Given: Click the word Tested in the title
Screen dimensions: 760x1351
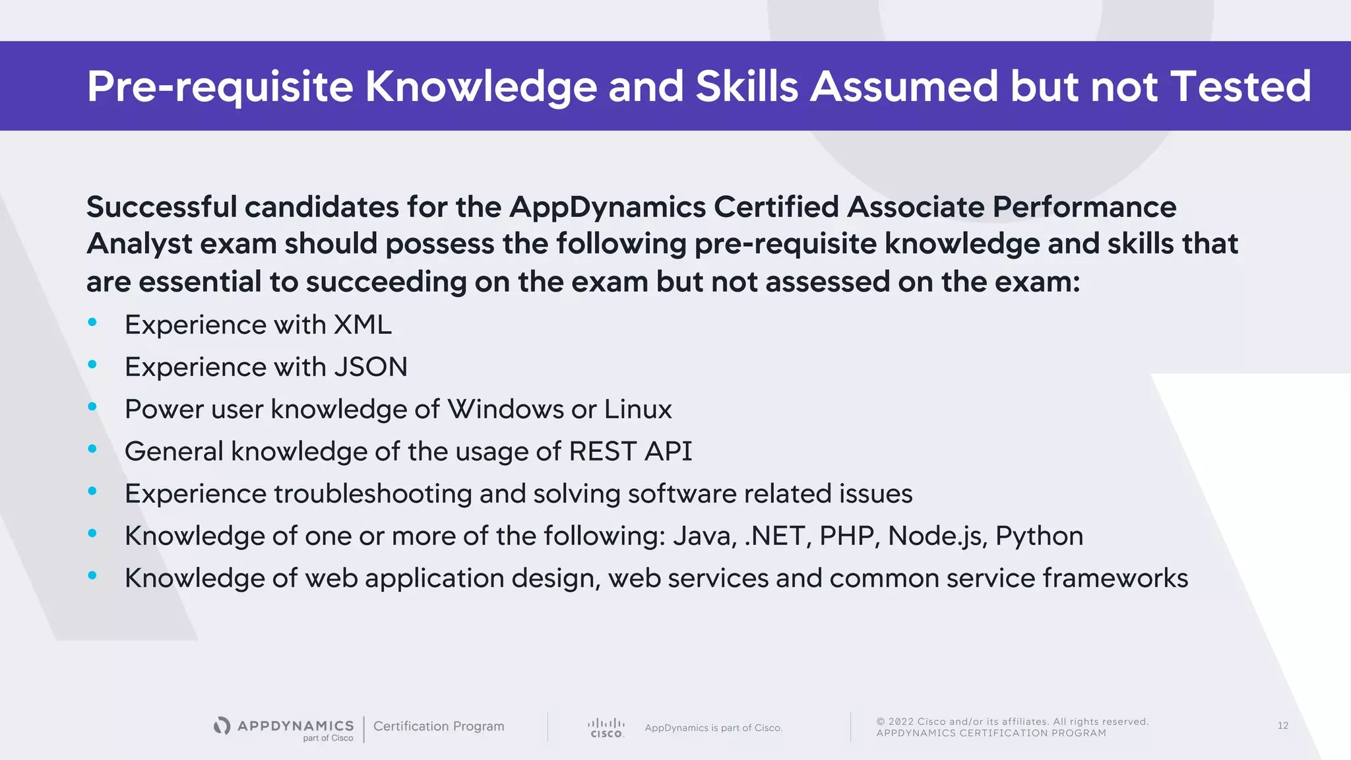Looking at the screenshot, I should pyautogui.click(x=1240, y=86).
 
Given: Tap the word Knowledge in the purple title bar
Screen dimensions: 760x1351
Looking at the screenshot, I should pyautogui.click(x=481, y=86).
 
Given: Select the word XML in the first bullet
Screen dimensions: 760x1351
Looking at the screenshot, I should pyautogui.click(x=363, y=325).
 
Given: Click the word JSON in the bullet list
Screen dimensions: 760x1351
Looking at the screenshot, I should pyautogui.click(x=371, y=367).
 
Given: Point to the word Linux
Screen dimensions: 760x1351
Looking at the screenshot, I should pyautogui.click(x=638, y=409).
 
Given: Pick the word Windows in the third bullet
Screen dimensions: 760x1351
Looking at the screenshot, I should pyautogui.click(x=505, y=409).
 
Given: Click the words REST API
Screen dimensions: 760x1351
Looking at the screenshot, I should pyautogui.click(x=630, y=451).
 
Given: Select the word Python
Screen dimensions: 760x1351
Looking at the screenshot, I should pyautogui.click(x=1039, y=536).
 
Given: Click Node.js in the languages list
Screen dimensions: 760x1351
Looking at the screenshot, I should pyautogui.click(x=937, y=536).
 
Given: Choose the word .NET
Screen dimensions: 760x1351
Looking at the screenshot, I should pyautogui.click(x=776, y=536).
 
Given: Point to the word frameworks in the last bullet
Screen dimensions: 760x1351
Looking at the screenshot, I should pyautogui.click(x=1115, y=578).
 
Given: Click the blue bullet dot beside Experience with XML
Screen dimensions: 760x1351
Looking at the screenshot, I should pyautogui.click(x=92, y=322).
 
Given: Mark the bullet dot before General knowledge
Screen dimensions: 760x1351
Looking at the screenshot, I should pyautogui.click(x=92, y=449).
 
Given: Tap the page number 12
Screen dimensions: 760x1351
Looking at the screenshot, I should pyautogui.click(x=1282, y=726).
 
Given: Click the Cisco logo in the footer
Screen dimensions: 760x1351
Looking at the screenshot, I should pyautogui.click(x=606, y=728).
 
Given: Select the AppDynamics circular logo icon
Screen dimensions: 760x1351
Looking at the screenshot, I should pyautogui.click(x=222, y=726).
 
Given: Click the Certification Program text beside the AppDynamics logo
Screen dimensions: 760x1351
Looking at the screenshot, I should pyautogui.click(x=439, y=726).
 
